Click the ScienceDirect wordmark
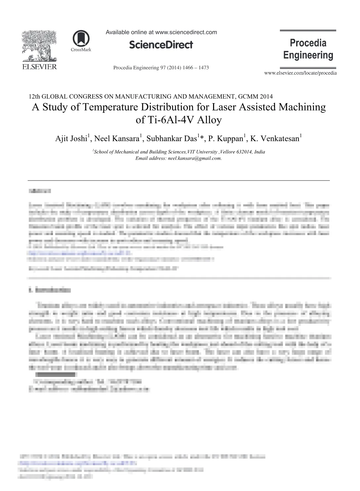161,45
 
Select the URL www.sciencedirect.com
186,32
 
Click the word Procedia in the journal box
308,43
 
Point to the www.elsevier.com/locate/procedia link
300,73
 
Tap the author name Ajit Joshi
71,139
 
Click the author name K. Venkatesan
275,139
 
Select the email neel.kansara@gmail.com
194,158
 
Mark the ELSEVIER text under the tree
39,67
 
